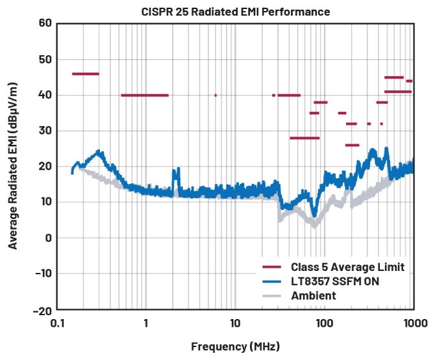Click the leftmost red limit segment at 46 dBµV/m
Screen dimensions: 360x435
85,74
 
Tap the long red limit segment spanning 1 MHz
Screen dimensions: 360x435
145,96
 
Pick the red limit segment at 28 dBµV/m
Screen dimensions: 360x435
304,138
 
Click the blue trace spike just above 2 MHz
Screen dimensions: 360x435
175,172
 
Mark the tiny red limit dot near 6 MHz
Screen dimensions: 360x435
216,96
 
